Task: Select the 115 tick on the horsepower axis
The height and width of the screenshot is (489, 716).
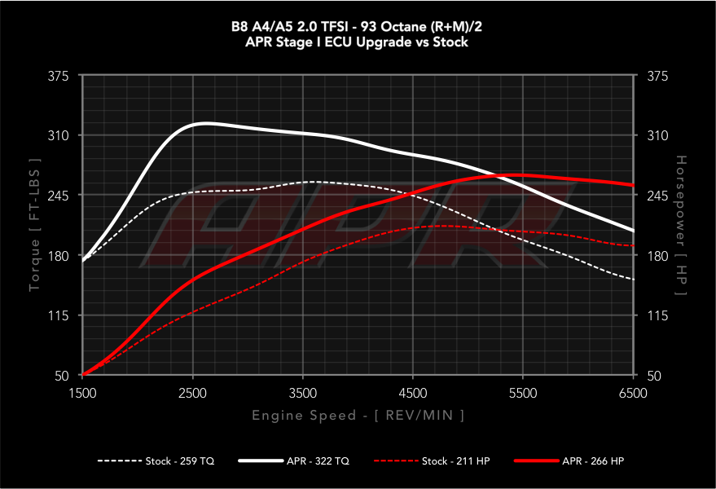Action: point(656,315)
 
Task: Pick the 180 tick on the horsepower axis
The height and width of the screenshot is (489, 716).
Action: point(656,256)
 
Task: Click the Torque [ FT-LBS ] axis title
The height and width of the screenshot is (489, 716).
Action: point(35,226)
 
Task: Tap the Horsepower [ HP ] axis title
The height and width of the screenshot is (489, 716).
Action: point(681,226)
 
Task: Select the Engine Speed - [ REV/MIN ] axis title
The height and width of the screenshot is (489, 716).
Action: point(358,416)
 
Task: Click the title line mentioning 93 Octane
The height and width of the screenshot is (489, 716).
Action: point(358,27)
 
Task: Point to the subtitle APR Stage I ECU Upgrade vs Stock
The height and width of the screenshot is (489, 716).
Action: point(358,42)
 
